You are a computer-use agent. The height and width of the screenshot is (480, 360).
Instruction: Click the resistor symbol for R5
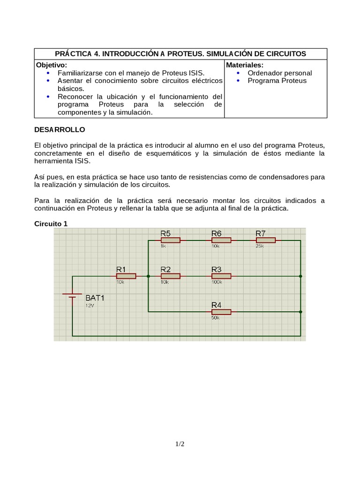click(170, 240)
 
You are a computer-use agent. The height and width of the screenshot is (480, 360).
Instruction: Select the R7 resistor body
click(266, 240)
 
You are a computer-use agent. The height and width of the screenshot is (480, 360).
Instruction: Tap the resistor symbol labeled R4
click(221, 312)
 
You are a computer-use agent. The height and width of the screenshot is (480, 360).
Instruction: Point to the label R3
click(216, 269)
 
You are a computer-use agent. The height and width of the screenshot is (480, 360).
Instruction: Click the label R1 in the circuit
click(121, 269)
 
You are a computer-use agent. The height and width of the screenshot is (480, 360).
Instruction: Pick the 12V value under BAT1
click(90, 305)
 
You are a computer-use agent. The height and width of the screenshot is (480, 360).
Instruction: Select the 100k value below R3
click(217, 283)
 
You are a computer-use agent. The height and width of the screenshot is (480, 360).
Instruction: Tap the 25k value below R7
click(260, 246)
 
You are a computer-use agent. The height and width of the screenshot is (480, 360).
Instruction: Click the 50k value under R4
click(216, 318)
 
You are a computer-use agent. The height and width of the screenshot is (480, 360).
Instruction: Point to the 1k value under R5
click(163, 246)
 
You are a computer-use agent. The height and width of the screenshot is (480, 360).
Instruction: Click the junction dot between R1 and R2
click(148, 277)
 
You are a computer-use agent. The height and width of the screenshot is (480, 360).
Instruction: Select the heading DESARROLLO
click(60, 129)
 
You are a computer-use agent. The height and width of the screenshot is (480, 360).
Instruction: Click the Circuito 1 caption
click(51, 224)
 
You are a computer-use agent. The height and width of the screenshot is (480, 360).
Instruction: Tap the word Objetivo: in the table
click(52, 65)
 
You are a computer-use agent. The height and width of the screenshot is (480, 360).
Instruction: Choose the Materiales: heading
click(245, 65)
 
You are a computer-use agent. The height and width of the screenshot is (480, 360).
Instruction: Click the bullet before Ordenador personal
click(238, 73)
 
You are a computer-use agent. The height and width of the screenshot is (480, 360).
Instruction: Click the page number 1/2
click(180, 443)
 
